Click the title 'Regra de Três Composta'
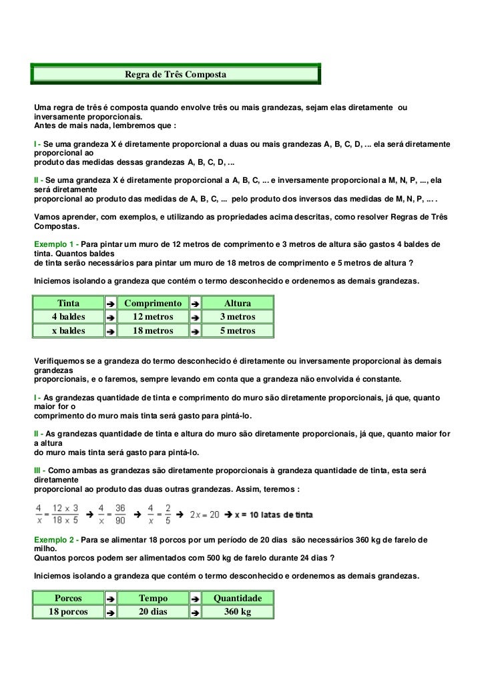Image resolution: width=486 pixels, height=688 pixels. pos(176,74)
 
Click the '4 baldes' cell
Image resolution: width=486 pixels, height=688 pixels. pos(68,317)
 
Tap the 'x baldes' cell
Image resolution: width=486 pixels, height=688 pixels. pos(68,330)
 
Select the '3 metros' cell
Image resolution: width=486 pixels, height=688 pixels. pos(238,317)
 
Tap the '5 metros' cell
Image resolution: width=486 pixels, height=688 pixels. pos(238,330)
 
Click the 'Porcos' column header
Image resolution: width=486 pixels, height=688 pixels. pos(68,599)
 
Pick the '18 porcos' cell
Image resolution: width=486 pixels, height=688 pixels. pos(68,612)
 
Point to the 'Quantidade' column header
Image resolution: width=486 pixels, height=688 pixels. pos(238,599)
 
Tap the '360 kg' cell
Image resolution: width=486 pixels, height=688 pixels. pos(238,612)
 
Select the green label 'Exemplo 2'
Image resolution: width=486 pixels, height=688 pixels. pos(55,539)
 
